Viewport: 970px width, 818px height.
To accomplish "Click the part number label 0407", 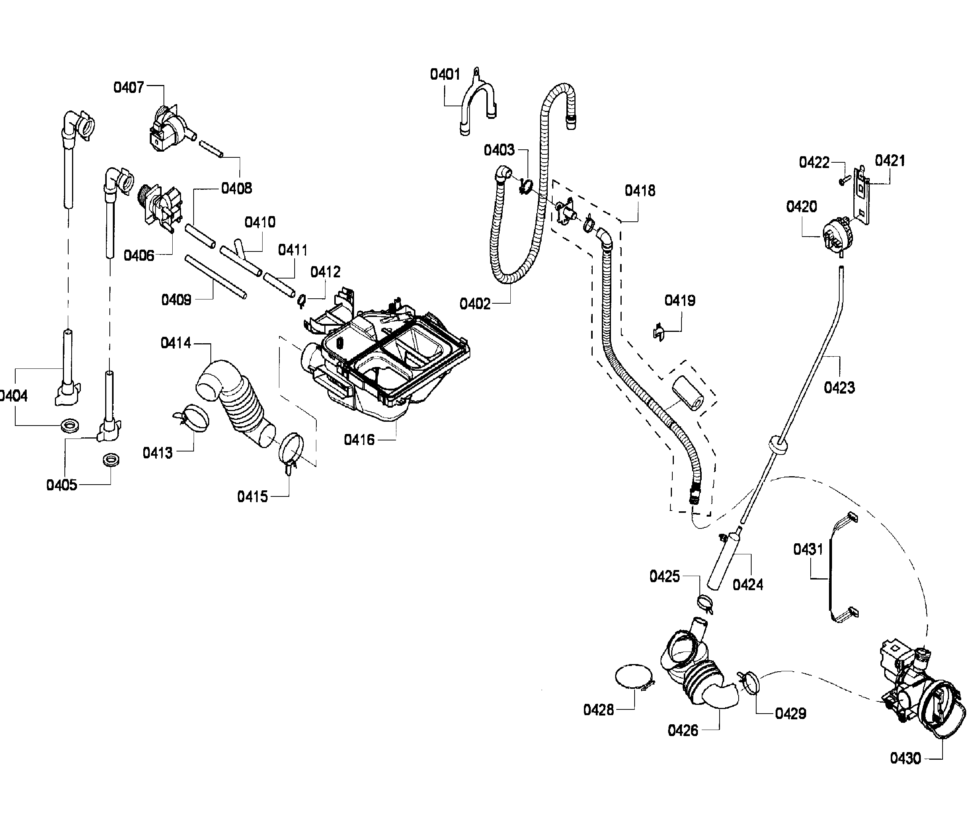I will point(128,87).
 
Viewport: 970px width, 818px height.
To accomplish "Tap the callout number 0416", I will point(359,440).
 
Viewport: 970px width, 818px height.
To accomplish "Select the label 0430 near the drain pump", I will point(904,758).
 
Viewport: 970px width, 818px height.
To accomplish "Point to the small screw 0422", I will point(843,180).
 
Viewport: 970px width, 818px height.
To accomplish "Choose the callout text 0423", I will point(839,387).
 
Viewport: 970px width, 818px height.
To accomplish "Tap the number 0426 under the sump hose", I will point(682,730).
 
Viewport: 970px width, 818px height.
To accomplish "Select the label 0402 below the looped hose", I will point(475,304).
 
